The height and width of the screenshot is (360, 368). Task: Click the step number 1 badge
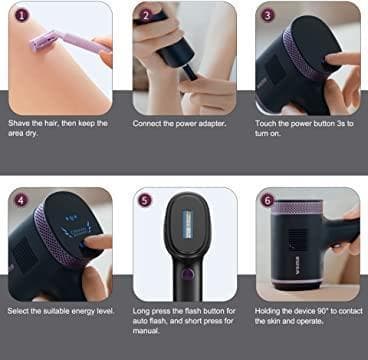point(22,15)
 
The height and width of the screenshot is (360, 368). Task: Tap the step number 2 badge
point(145,15)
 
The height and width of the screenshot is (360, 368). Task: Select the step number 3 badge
point(268,15)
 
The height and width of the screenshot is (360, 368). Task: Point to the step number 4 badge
point(21,201)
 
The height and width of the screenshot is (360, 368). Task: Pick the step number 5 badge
point(145,200)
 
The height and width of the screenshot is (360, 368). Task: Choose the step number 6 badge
point(268,200)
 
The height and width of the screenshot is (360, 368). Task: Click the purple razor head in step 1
point(44,40)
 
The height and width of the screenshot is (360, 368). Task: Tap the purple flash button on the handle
point(188,274)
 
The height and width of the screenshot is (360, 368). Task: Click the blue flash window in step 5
point(187,224)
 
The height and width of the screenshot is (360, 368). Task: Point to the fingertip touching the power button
point(332,59)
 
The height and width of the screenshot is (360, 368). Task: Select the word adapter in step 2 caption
point(214,124)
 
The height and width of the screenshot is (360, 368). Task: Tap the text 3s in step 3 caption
point(339,123)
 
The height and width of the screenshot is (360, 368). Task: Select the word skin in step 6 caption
point(273,321)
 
